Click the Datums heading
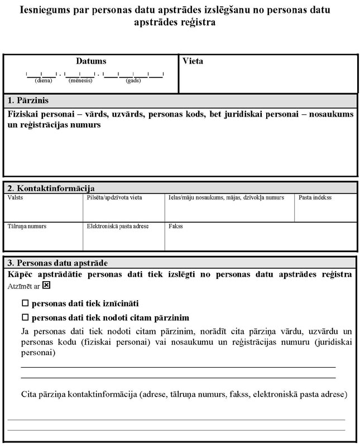click(x=91, y=61)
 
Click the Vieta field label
click(x=193, y=61)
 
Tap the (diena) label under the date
click(x=43, y=80)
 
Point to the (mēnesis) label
click(x=80, y=80)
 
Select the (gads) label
click(x=133, y=80)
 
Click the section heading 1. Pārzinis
click(x=28, y=100)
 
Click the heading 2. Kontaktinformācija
click(x=51, y=189)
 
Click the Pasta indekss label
click(x=315, y=197)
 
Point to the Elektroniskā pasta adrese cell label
click(x=115, y=227)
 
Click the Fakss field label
click(x=175, y=227)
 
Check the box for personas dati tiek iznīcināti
click(x=25, y=304)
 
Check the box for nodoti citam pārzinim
click(x=25, y=317)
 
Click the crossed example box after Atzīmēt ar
click(x=46, y=285)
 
